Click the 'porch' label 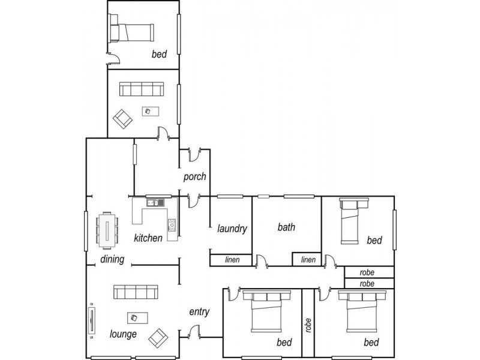tap(195, 177)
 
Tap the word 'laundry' tap(233, 228)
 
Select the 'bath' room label tap(286, 227)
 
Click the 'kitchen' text tap(148, 238)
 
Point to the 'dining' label tap(112, 260)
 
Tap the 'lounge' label tap(123, 334)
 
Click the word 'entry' tap(199, 311)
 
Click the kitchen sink tap(154, 203)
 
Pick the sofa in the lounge tap(136, 293)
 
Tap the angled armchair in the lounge tap(158, 338)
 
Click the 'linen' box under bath tap(308, 260)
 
